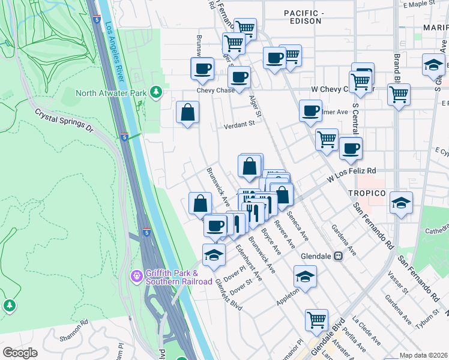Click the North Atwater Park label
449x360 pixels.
[112, 92]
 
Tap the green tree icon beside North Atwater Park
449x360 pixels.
[156, 92]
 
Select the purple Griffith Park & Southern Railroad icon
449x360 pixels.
[137, 276]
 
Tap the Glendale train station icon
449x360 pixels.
[338, 256]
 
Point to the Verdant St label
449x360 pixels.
[240, 122]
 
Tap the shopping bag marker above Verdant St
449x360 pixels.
[188, 112]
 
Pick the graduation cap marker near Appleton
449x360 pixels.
[305, 277]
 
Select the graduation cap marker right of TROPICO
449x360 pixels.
[401, 203]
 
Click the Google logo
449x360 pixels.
[20, 353]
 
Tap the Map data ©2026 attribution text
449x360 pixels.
[423, 355]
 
